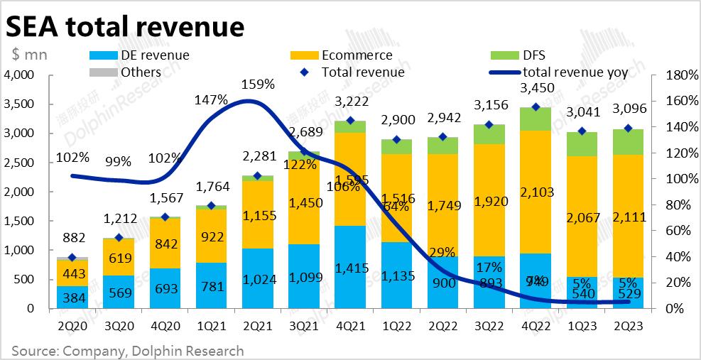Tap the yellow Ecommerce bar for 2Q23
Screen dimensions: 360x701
coord(627,216)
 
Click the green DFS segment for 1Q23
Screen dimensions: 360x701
coord(581,143)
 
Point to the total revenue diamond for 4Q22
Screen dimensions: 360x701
coord(535,107)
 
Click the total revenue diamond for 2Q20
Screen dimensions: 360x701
coord(72,258)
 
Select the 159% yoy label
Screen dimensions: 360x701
coord(257,84)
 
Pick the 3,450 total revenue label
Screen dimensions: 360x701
coord(535,89)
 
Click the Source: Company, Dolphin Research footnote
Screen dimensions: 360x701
coord(128,351)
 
